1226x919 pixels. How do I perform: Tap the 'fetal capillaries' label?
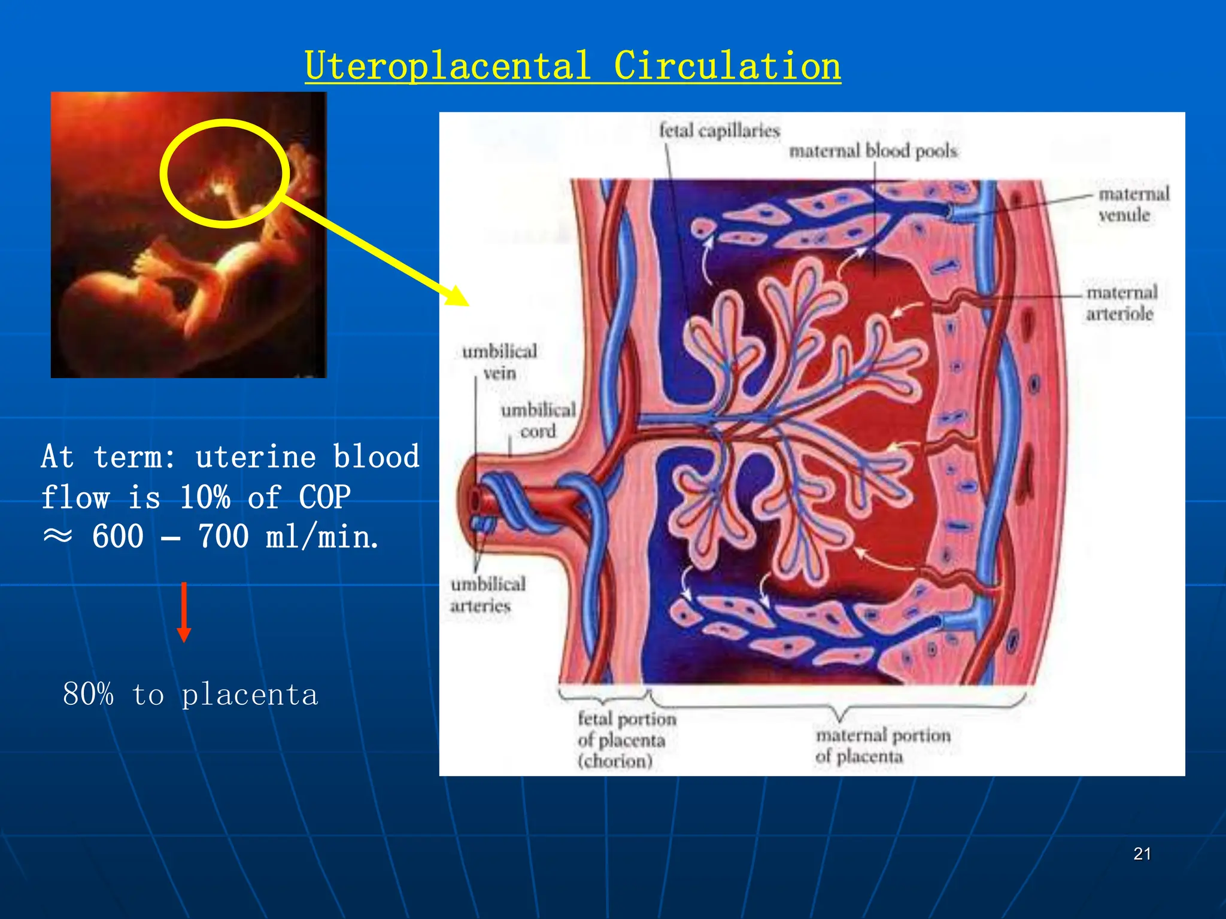719,130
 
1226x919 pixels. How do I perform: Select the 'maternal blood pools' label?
873,151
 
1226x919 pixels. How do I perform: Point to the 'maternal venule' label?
1133,204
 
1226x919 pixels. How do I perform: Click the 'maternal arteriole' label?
1121,303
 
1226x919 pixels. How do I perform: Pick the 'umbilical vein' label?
499,361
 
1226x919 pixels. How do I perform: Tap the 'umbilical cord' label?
538,420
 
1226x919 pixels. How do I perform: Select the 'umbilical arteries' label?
487,594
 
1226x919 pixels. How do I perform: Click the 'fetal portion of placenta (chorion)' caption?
625,740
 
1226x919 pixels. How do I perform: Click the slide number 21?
1142,854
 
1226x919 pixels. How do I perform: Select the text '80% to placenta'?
190,695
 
